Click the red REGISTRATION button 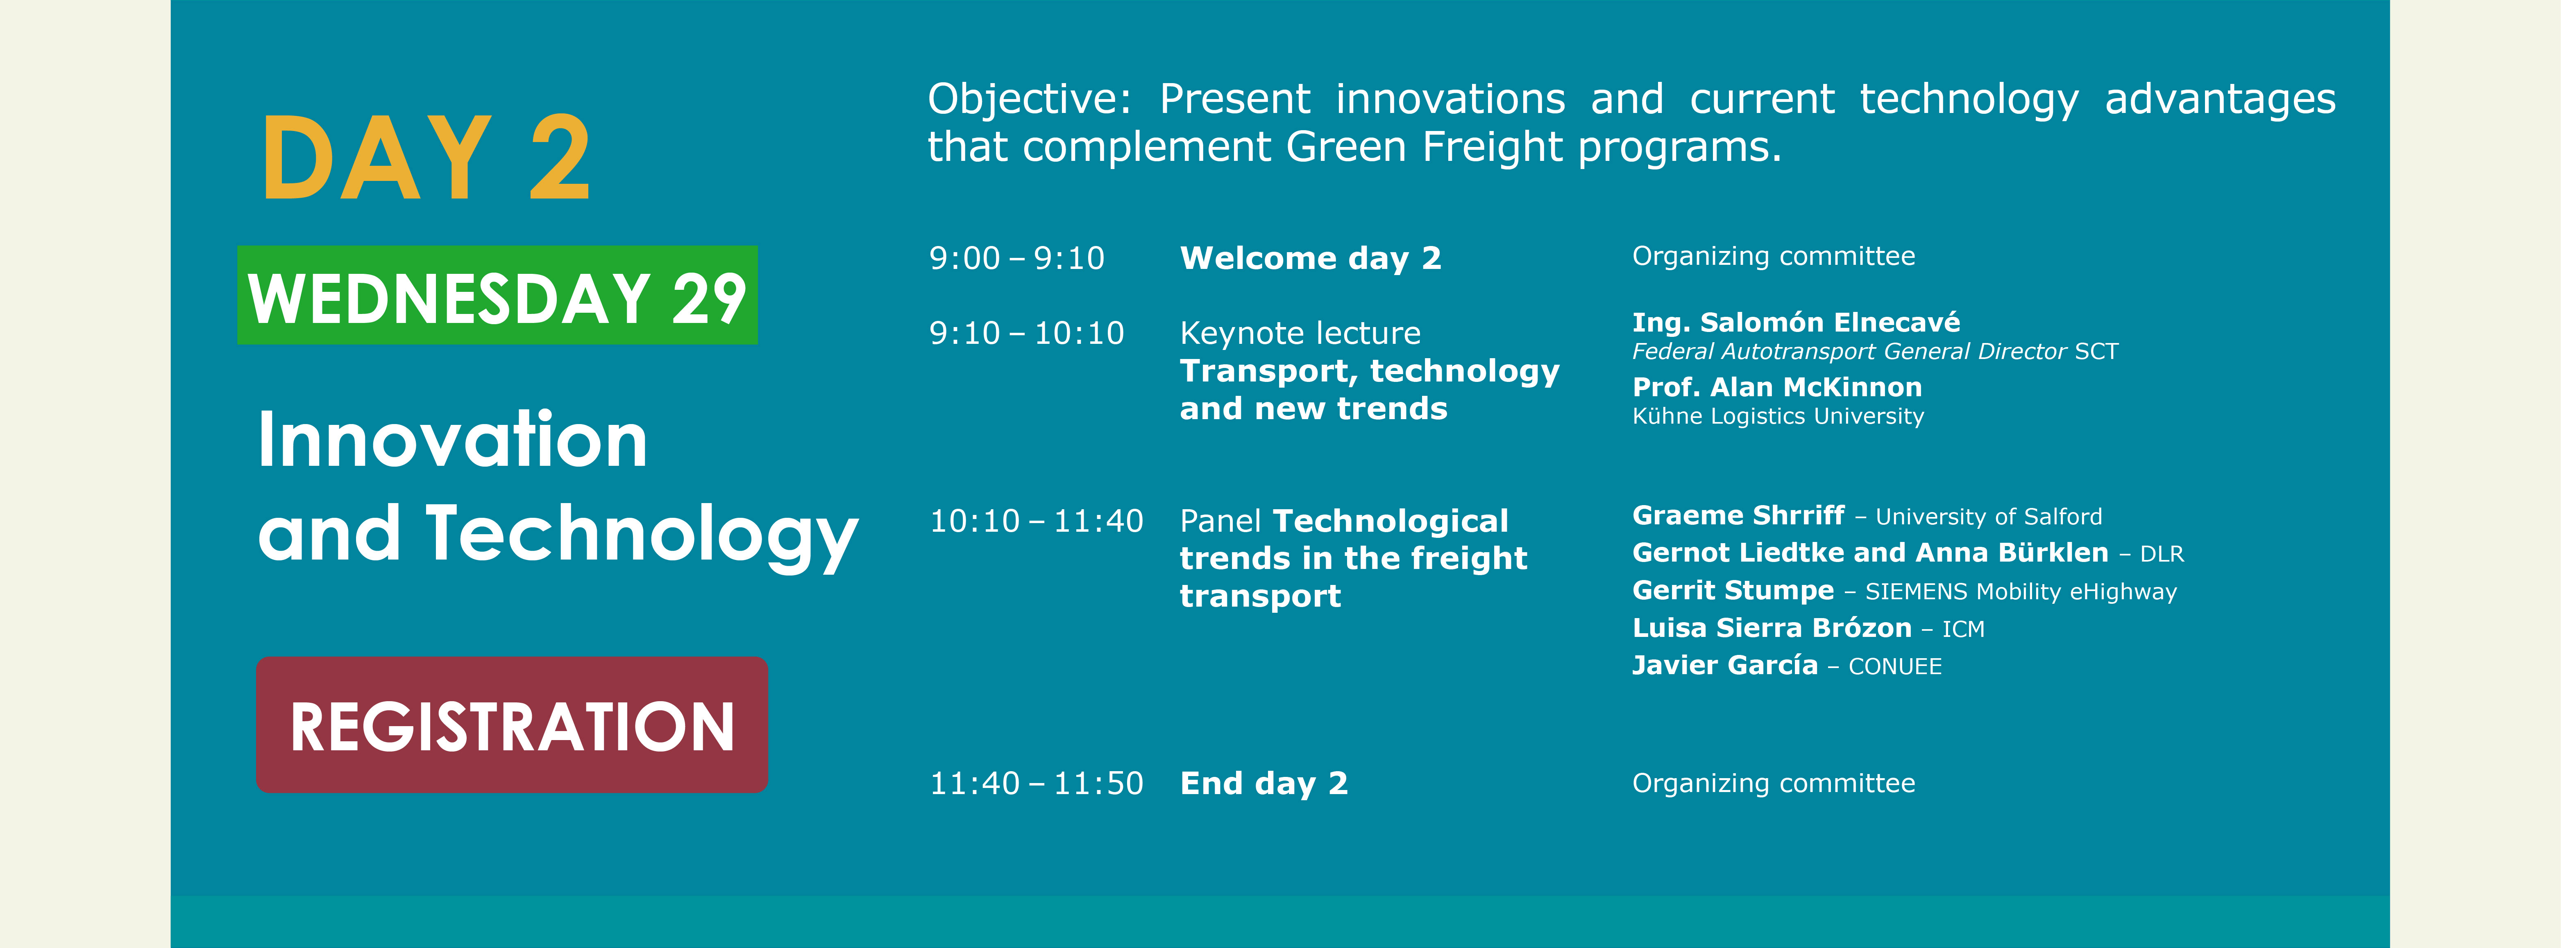click(x=512, y=725)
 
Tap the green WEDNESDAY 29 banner click(x=497, y=295)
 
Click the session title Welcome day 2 click(x=1310, y=258)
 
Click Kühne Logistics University click(x=1778, y=416)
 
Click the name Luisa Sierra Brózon click(x=1772, y=628)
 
